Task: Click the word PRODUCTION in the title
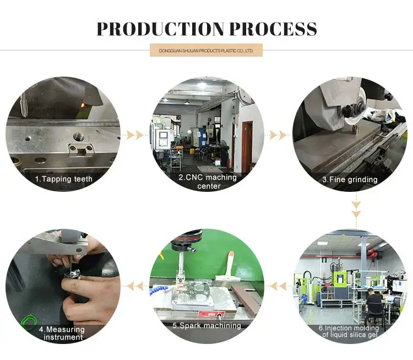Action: pos(160,29)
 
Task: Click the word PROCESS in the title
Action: pos(273,29)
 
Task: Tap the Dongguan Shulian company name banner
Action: pos(206,50)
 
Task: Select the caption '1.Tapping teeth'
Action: pos(64,179)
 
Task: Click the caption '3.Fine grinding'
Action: pos(350,180)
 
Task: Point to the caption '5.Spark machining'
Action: pos(206,325)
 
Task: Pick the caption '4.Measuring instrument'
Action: pos(62,333)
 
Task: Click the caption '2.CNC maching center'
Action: pos(208,181)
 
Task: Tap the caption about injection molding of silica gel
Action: pos(349,331)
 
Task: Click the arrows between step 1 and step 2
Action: pos(135,135)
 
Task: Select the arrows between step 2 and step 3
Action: pos(278,135)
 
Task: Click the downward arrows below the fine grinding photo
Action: pos(356,209)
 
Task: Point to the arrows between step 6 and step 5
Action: pos(278,286)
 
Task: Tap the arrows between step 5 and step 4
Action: pos(135,286)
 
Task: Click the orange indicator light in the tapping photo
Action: pos(83,105)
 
